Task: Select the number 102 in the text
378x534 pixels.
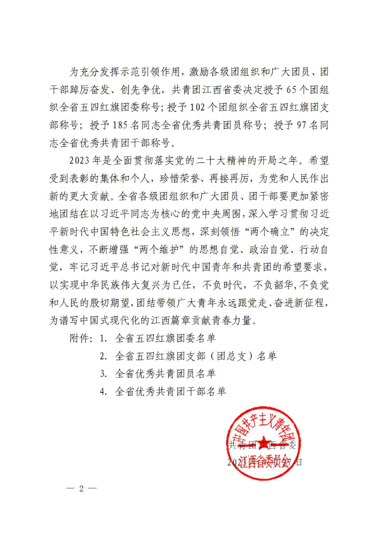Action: coord(197,107)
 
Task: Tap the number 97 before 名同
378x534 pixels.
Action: coord(302,125)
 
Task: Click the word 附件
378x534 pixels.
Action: coord(80,338)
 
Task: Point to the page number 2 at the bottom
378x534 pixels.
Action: coord(82,489)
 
